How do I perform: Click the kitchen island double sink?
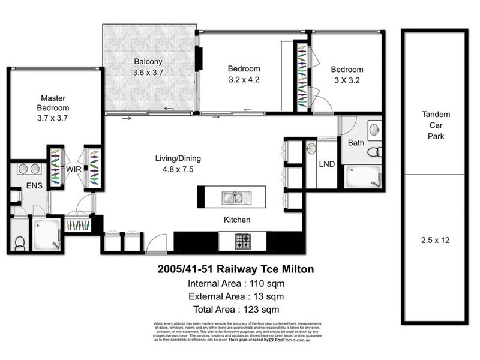(232, 197)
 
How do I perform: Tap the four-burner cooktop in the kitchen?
(243, 241)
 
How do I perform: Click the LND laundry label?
(326, 163)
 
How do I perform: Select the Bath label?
(356, 143)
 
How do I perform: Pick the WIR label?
(73, 170)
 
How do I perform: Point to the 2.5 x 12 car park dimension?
(436, 240)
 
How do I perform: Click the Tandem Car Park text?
(436, 125)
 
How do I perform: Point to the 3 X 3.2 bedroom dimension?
(347, 80)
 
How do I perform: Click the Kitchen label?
(237, 220)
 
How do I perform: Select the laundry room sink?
(311, 148)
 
